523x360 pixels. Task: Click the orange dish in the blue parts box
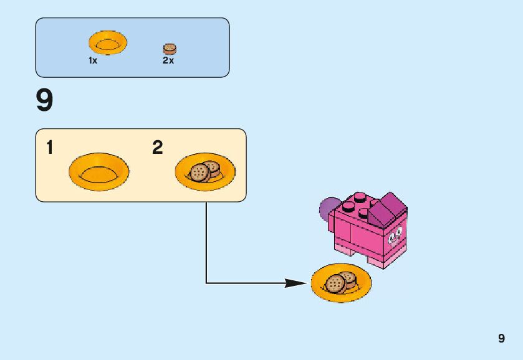click(x=107, y=43)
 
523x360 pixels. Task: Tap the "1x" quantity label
click(x=93, y=61)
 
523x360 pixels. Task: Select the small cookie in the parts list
click(x=169, y=49)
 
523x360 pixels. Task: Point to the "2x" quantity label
click(x=168, y=61)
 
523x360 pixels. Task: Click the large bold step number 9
click(x=45, y=101)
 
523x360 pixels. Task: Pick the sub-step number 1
click(x=50, y=148)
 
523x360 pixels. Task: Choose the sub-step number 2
click(x=158, y=148)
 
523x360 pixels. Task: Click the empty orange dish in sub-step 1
click(x=98, y=171)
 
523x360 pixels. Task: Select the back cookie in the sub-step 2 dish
click(x=213, y=167)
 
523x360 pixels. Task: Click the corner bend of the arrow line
click(x=206, y=283)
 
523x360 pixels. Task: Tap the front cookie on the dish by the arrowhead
click(x=335, y=285)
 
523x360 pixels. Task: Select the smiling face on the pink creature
click(x=394, y=237)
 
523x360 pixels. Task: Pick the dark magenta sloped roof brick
click(x=386, y=208)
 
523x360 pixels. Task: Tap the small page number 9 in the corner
click(x=501, y=339)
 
